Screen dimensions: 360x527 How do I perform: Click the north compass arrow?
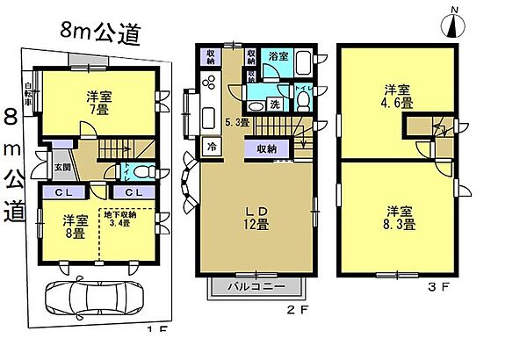453,25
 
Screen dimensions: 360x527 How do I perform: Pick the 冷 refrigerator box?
212,148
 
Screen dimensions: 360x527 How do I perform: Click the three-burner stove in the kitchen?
212,84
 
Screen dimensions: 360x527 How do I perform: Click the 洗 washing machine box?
274,103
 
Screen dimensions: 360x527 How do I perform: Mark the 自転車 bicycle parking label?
29,95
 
